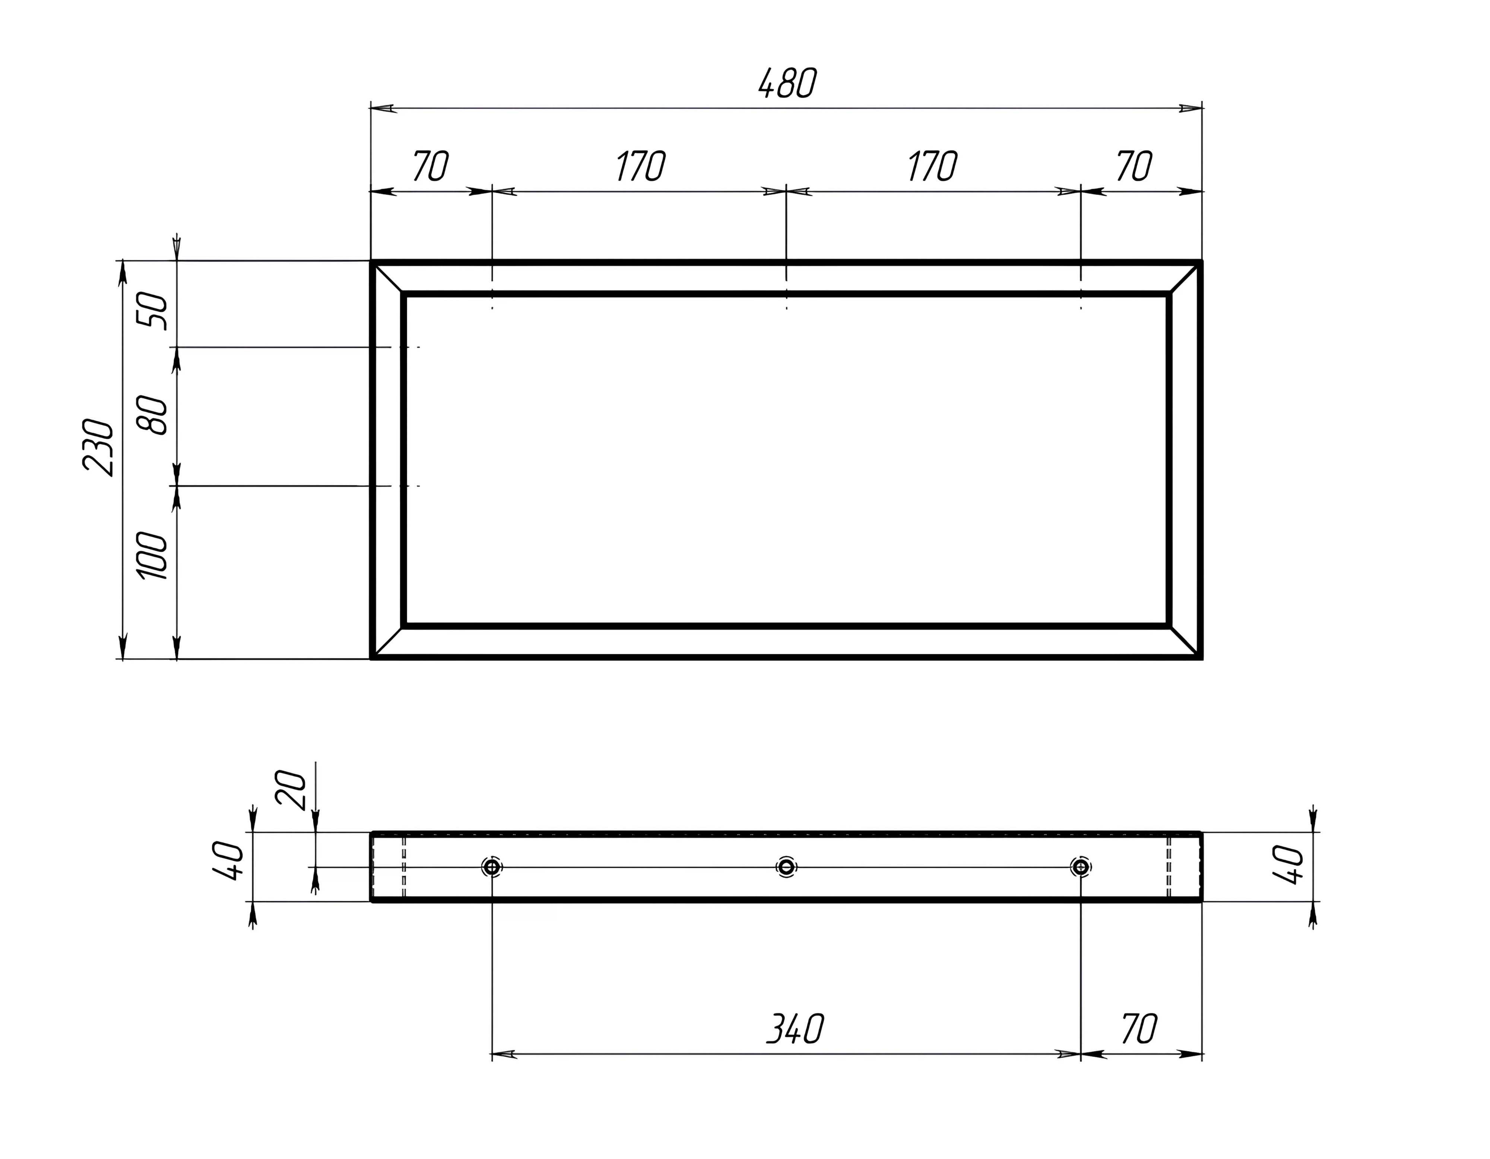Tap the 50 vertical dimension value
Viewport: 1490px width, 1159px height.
click(x=152, y=311)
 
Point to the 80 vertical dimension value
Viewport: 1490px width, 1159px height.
click(x=152, y=416)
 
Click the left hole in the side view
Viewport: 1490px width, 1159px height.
click(x=492, y=867)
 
